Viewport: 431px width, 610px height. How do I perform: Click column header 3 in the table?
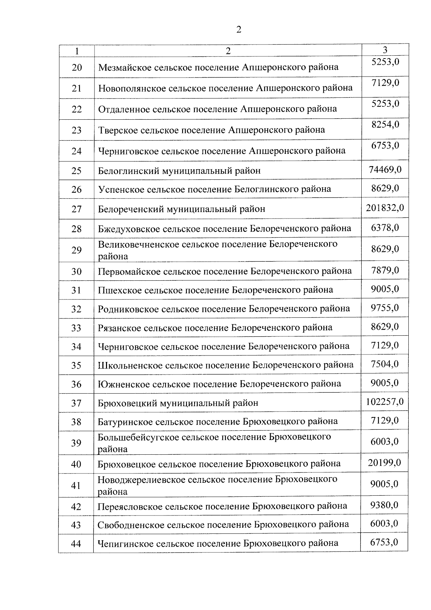[385, 50]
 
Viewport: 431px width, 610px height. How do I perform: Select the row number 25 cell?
[77, 171]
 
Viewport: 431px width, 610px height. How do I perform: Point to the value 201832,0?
[385, 208]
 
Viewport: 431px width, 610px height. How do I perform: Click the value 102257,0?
[384, 402]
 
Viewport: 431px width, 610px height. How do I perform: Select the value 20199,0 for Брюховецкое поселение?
[384, 463]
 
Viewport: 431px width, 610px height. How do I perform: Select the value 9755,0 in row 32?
[385, 308]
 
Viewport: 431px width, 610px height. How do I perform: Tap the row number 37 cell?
[77, 403]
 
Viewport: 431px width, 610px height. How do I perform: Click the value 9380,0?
[384, 505]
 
